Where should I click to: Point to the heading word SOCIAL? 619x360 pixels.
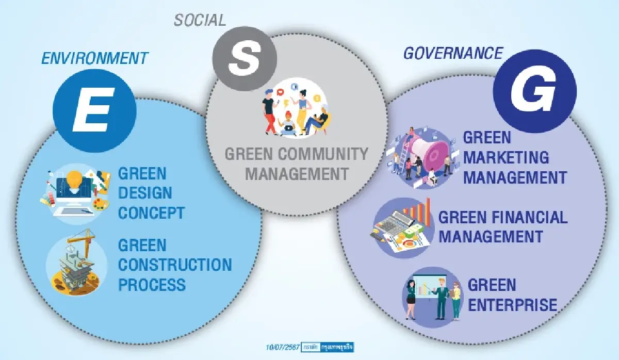[x=200, y=20]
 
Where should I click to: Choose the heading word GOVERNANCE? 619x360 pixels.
[x=453, y=53]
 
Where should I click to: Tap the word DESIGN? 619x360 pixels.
[x=145, y=192]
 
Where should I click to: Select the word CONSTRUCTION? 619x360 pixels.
[x=175, y=265]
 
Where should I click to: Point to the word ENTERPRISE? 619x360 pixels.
[x=513, y=305]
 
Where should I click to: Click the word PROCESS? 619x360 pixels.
[x=152, y=284]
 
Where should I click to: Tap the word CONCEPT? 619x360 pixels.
[x=151, y=212]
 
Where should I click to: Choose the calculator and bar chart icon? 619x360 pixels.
[x=400, y=229]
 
